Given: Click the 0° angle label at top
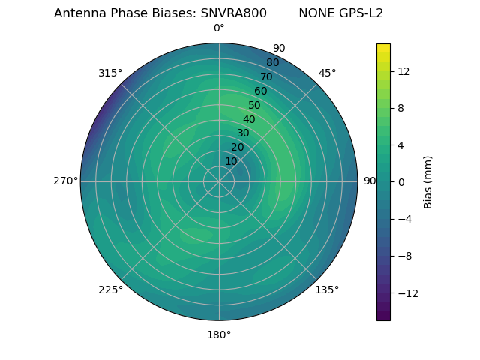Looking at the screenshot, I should pos(219,28).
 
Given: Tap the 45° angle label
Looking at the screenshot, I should pos(327,73).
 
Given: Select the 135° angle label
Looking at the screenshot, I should pos(327,289).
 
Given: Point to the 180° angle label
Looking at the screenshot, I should pos(219,334).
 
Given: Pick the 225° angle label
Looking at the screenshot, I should pos(110,289).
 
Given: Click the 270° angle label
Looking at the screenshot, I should pos(66,181).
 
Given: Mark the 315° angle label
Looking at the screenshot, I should pos(110,73).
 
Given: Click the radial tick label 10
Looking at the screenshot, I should pos(231,161).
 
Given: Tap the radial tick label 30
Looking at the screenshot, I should pos(243,133).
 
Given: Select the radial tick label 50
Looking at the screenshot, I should pos(255,105).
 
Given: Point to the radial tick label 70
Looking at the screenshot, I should pos(266,76).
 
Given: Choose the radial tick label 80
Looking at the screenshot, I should pos(272,62).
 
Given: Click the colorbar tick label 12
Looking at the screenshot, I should pos(403,71).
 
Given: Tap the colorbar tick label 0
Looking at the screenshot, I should pos(401,181).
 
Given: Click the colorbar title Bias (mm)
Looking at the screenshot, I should pos(428,182).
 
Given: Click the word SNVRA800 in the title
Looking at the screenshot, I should pos(233,13).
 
